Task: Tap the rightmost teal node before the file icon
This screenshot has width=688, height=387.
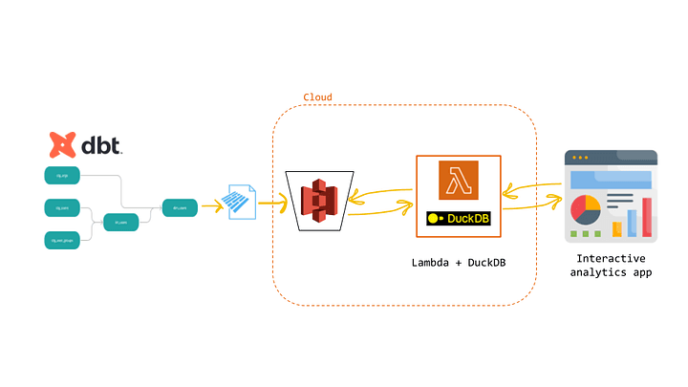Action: (x=180, y=206)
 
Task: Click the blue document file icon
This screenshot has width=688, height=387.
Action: (x=241, y=201)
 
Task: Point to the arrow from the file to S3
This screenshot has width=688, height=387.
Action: (x=271, y=202)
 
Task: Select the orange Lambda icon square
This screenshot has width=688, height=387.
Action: (x=459, y=181)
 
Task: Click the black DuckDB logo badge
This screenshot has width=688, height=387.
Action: (x=459, y=219)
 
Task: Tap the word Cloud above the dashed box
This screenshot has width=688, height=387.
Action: (x=318, y=97)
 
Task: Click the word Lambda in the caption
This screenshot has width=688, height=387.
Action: (x=433, y=262)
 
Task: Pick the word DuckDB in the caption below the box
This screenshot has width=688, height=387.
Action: (x=484, y=262)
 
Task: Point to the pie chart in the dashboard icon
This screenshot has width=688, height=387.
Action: (x=584, y=209)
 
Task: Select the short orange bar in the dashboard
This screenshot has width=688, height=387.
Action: (x=616, y=228)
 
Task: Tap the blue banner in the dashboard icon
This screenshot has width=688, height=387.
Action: (x=612, y=179)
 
